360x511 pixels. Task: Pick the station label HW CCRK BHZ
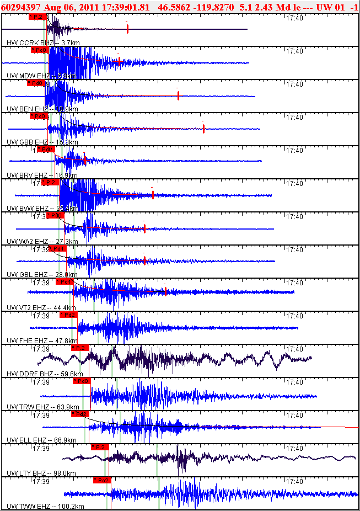click(25, 42)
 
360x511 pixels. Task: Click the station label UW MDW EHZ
click(28, 76)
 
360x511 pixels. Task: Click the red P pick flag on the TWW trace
click(102, 480)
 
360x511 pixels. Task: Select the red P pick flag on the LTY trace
click(100, 447)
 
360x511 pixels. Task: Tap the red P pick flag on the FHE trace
click(68, 315)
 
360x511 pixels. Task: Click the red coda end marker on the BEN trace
click(179, 95)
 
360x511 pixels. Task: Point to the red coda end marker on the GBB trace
click(203, 129)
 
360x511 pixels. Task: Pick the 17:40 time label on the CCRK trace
click(295, 18)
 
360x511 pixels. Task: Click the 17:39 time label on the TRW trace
click(40, 382)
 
